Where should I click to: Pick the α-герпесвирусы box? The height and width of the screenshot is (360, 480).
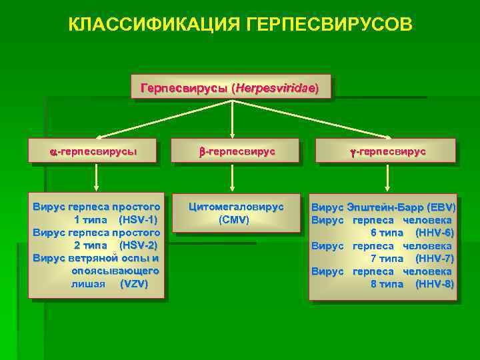tap(93, 151)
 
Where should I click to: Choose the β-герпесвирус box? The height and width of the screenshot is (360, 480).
tap(236, 151)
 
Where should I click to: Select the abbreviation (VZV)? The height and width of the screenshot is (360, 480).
tap(133, 284)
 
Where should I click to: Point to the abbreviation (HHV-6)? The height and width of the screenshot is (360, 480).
tap(434, 233)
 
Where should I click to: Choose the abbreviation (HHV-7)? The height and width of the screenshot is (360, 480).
tap(434, 258)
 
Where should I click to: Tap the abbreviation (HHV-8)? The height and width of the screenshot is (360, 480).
tap(434, 284)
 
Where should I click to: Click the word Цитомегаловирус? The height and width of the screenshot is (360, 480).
tap(236, 207)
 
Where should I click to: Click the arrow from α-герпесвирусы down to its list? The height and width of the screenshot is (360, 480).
tap(97, 177)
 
